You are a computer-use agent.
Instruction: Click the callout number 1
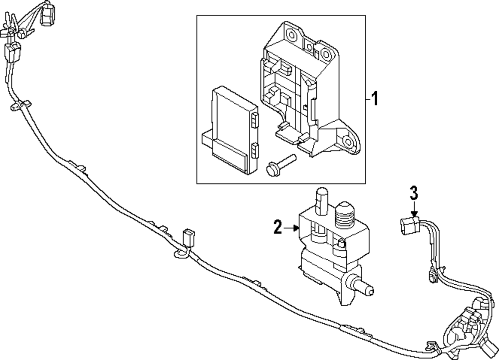pyautogui.click(x=375, y=99)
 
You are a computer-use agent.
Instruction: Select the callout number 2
pyautogui.click(x=278, y=227)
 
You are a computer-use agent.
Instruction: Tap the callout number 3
pyautogui.click(x=414, y=193)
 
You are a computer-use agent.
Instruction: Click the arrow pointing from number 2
pyautogui.click(x=291, y=228)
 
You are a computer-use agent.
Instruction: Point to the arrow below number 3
pyautogui.click(x=414, y=209)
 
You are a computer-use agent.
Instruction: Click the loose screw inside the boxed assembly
pyautogui.click(x=280, y=164)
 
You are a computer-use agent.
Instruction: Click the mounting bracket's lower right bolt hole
pyautogui.click(x=348, y=141)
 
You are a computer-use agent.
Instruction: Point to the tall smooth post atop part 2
pyautogui.click(x=321, y=201)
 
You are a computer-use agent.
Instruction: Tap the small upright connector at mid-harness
pyautogui.click(x=189, y=237)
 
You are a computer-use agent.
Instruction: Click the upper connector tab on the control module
pyautogui.click(x=254, y=120)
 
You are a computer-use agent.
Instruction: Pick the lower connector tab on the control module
pyautogui.click(x=254, y=150)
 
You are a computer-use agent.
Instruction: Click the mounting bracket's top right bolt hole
pyautogui.click(x=325, y=54)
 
